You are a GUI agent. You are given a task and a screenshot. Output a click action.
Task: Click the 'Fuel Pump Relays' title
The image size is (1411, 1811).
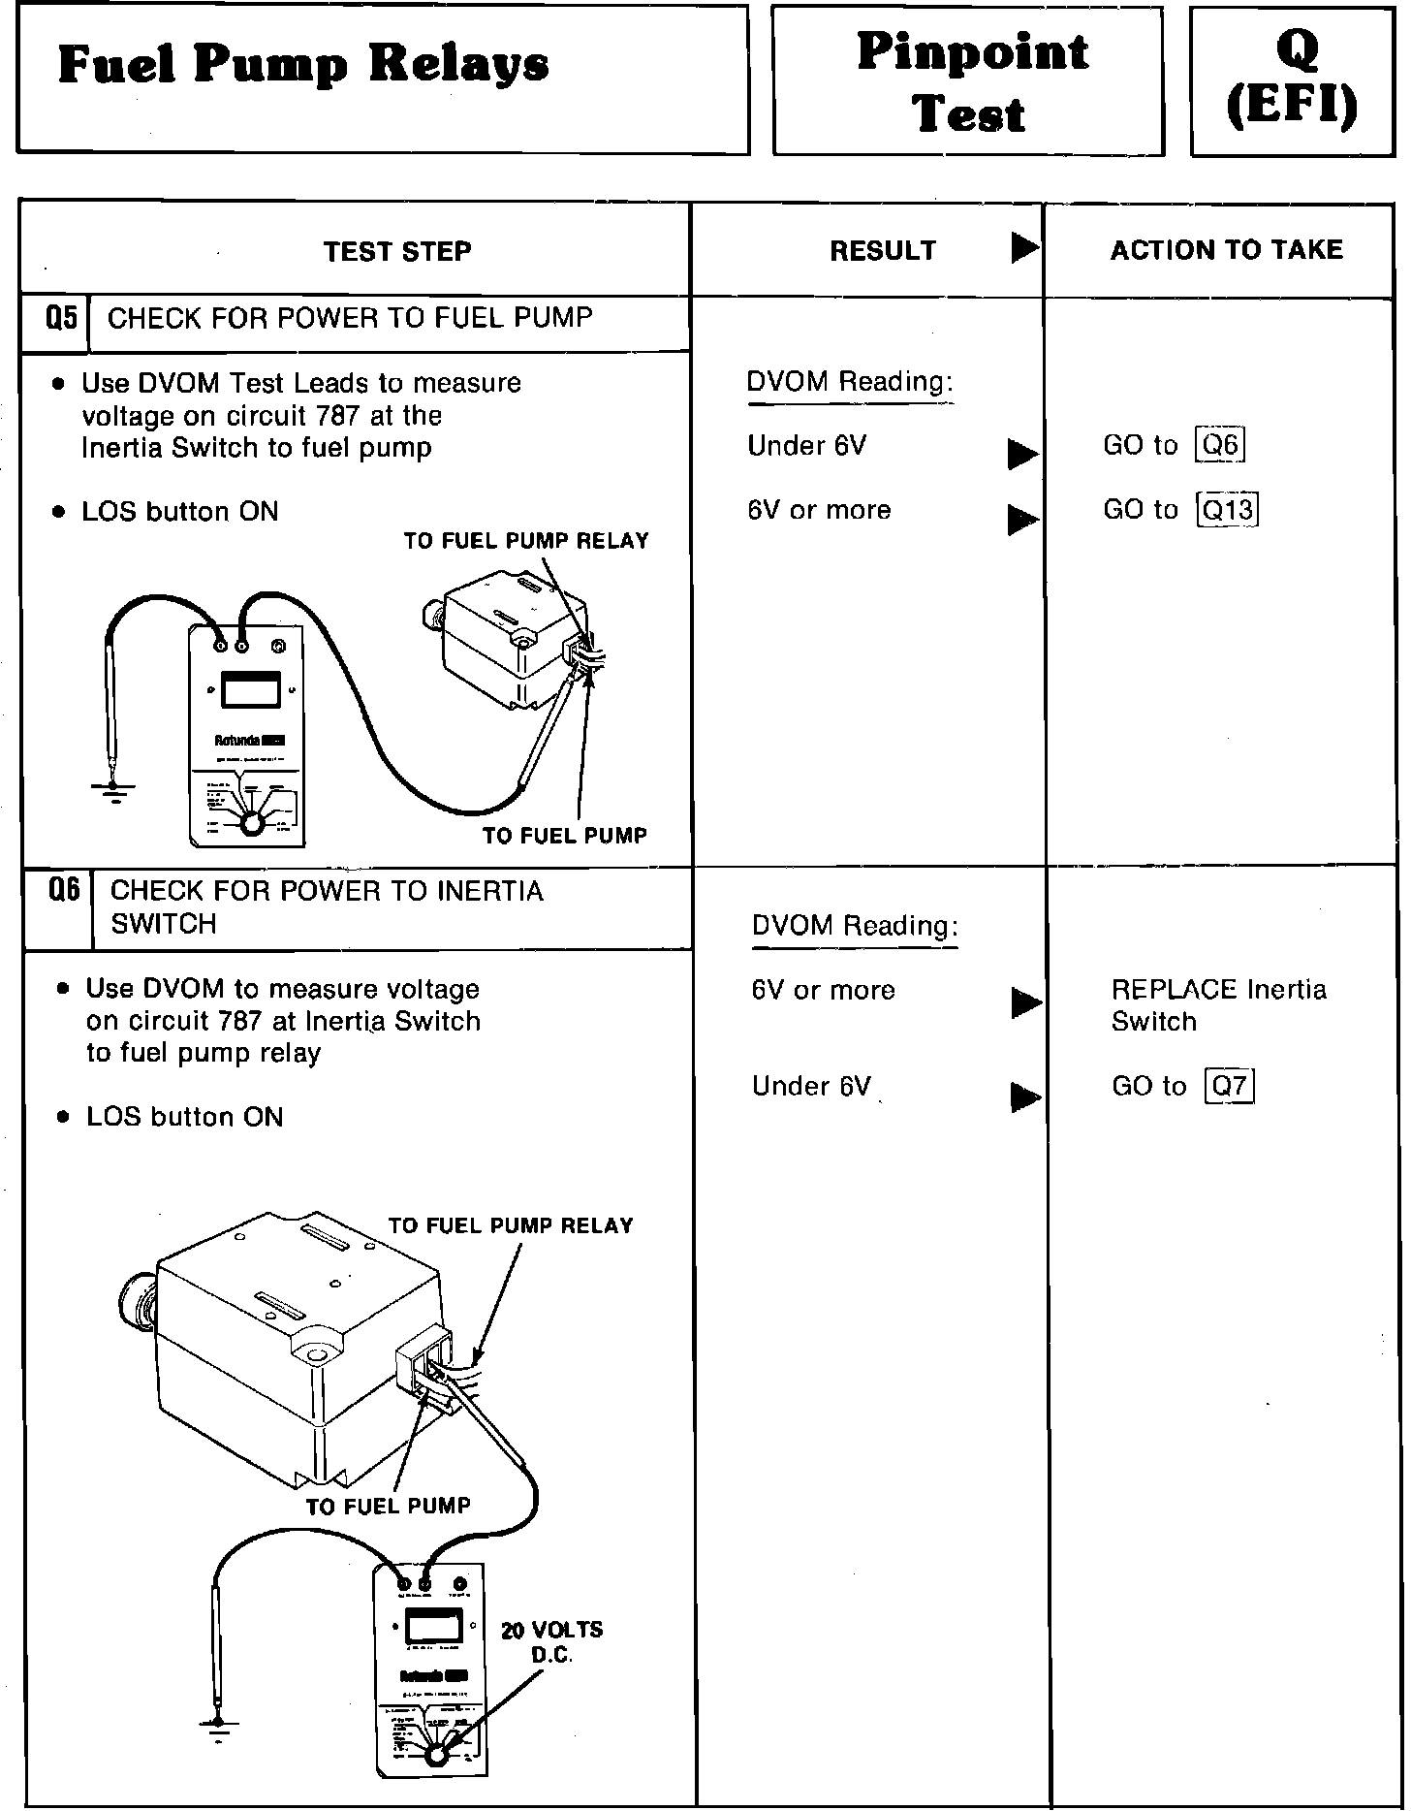(302, 66)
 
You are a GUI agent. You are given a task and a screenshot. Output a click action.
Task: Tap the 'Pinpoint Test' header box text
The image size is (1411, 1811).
(971, 81)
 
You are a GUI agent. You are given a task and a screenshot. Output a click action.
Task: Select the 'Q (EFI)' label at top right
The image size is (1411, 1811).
(1293, 79)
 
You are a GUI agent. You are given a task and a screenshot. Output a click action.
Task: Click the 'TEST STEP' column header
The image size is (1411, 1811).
(397, 252)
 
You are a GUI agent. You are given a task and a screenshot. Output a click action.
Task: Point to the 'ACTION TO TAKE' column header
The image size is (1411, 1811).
(1226, 250)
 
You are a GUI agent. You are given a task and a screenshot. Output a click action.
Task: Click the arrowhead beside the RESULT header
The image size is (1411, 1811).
(1023, 248)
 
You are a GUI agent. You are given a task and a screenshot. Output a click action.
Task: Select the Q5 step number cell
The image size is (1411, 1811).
(61, 319)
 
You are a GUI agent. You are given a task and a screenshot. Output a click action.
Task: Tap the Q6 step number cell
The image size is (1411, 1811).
(64, 889)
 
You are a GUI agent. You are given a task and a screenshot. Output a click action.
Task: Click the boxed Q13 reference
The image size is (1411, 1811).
(1228, 509)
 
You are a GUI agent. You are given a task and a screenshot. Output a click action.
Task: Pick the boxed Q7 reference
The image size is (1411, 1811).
(1229, 1086)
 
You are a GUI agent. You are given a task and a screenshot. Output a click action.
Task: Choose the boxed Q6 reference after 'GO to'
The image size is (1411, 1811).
(1220, 445)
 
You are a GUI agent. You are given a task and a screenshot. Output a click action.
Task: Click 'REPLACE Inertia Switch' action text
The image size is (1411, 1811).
(1218, 1004)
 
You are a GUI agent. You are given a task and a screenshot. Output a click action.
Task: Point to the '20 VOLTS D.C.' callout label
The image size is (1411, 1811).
(551, 1642)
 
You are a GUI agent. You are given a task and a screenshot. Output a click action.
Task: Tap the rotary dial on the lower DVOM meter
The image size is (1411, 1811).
(436, 1755)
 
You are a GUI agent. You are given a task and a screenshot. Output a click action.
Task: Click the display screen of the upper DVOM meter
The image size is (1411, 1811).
(251, 690)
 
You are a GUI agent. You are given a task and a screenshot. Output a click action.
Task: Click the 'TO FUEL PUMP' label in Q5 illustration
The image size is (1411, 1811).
(564, 835)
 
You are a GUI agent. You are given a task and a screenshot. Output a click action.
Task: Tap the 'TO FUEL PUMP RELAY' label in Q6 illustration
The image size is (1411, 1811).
(510, 1225)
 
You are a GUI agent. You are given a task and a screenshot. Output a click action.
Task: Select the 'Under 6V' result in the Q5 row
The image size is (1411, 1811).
(806, 446)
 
